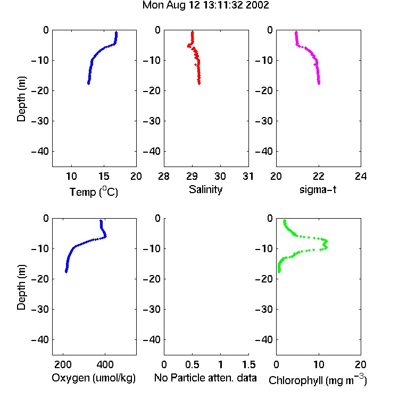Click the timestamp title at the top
pos(205,5)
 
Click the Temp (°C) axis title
pos(94,192)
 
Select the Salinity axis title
pos(205,189)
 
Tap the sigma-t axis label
pos(318,189)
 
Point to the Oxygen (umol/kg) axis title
pos(94,378)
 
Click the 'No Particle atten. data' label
pos(205,378)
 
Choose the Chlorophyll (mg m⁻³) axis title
pos(318,379)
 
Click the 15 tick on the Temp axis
pos(104,176)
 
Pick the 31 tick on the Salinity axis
pos(248,176)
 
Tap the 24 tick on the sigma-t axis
pos(361,176)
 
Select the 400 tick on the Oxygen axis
pos(105,364)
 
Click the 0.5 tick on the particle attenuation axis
pos(192,364)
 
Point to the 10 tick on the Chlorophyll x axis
pos(319,364)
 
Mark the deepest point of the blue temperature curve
pos(88,83)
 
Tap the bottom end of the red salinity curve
pos(199,83)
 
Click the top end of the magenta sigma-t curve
pos(296,32)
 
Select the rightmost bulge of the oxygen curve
pos(105,236)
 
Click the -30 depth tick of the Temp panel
pos(40,121)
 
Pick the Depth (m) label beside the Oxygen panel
pos(21,287)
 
